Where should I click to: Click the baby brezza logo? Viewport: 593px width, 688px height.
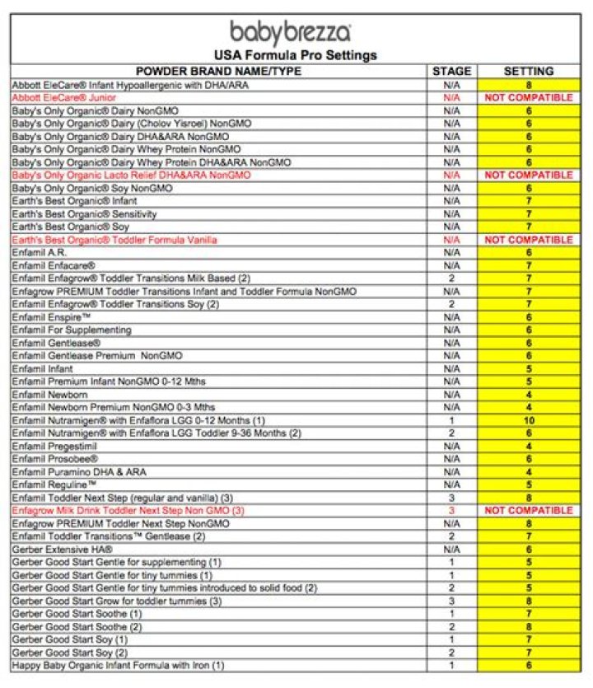(x=291, y=33)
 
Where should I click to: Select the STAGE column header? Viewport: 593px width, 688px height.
(x=451, y=72)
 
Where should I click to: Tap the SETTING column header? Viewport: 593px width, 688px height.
(x=528, y=72)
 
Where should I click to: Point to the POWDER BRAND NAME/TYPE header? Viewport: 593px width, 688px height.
(x=218, y=72)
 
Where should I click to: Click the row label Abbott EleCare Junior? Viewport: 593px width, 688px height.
(x=69, y=97)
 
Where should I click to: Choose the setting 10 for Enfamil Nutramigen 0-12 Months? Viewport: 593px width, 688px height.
(x=528, y=420)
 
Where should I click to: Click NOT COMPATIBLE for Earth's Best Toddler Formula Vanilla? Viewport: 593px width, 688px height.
(x=528, y=240)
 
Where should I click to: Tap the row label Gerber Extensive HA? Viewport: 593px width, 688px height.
(x=63, y=549)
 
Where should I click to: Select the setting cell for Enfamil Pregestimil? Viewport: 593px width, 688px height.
(x=528, y=446)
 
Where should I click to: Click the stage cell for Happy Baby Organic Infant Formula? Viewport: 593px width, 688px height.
(x=451, y=665)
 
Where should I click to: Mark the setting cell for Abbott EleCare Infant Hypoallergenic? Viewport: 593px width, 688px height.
(x=528, y=85)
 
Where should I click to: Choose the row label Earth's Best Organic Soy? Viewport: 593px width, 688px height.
(x=70, y=227)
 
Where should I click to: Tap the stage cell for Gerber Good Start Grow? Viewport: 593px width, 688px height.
(x=451, y=601)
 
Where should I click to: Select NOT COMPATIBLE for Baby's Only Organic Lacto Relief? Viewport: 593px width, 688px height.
(x=528, y=176)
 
